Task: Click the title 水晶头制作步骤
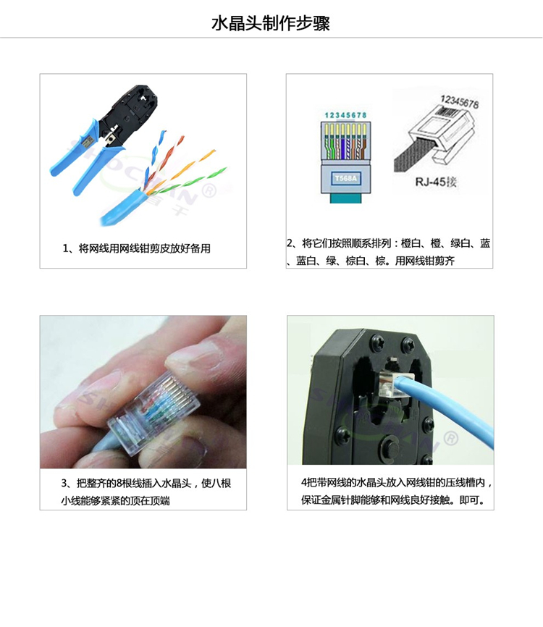pyautogui.click(x=271, y=24)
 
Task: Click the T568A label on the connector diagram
pyautogui.click(x=346, y=178)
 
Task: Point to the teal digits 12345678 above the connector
pyautogui.click(x=345, y=115)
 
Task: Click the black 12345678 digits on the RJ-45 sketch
pyautogui.click(x=460, y=101)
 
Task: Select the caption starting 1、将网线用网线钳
pyautogui.click(x=136, y=248)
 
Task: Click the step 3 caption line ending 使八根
pyautogui.click(x=146, y=484)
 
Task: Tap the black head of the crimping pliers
pyautogui.click(x=129, y=107)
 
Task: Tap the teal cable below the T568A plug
pyautogui.click(x=345, y=197)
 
